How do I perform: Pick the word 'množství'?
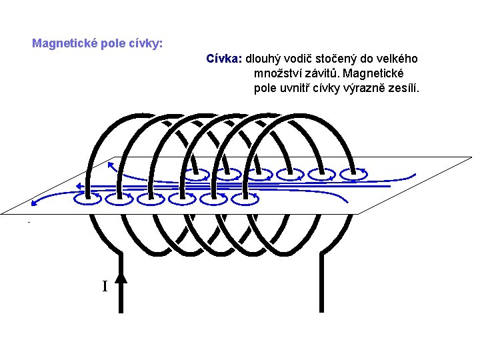277,73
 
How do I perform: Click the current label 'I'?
105,287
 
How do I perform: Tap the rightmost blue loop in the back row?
353,174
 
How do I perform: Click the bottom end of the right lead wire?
321,309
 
